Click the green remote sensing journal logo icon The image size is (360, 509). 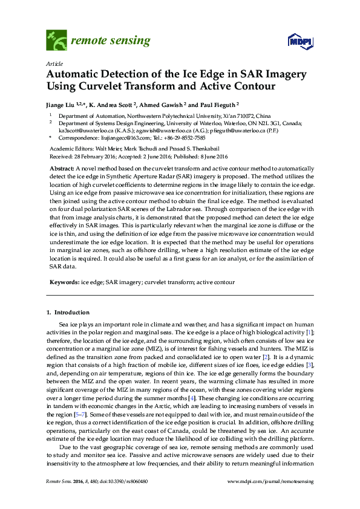(x=57, y=41)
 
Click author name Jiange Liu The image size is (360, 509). (x=64, y=104)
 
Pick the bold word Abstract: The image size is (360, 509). (x=62, y=167)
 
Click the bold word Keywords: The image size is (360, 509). (x=64, y=282)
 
